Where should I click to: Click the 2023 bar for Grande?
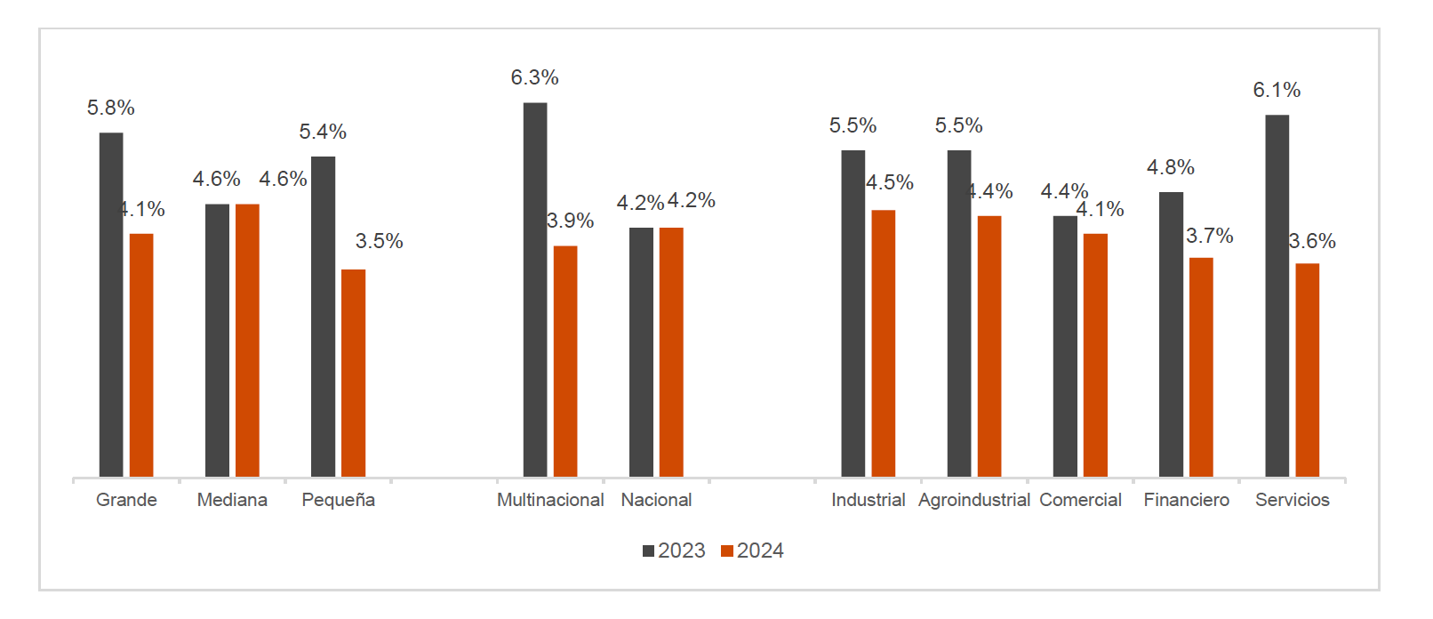click(111, 304)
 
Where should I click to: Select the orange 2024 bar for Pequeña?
click(353, 373)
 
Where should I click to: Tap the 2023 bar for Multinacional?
click(535, 289)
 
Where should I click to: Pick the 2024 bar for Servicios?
click(1307, 370)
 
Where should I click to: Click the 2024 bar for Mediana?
click(247, 340)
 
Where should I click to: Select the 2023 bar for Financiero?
click(1171, 334)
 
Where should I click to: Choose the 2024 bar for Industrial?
click(883, 343)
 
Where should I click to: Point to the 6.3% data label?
click(534, 78)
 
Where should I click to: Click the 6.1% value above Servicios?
click(1277, 90)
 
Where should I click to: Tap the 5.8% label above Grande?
click(111, 109)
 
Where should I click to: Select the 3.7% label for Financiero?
click(1209, 236)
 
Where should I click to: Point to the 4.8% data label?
click(1170, 167)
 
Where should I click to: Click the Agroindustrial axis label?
click(973, 500)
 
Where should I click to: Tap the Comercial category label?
click(1080, 500)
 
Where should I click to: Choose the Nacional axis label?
click(656, 500)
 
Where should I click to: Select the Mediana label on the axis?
click(232, 500)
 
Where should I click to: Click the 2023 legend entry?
click(674, 551)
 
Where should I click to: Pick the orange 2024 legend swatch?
click(727, 551)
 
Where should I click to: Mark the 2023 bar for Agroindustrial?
click(959, 313)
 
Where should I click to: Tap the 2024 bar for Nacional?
click(671, 352)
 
